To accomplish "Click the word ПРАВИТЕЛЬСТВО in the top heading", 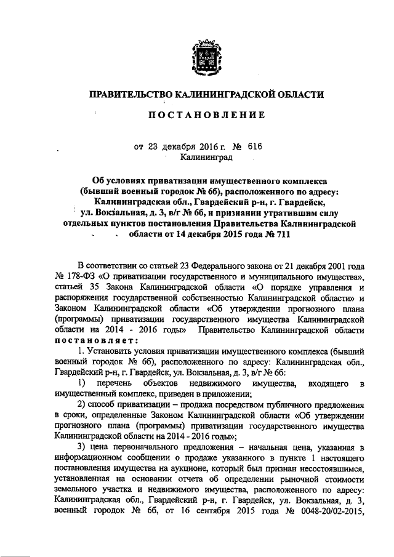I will click(127, 94).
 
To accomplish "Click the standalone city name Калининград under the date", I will click(206, 158).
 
